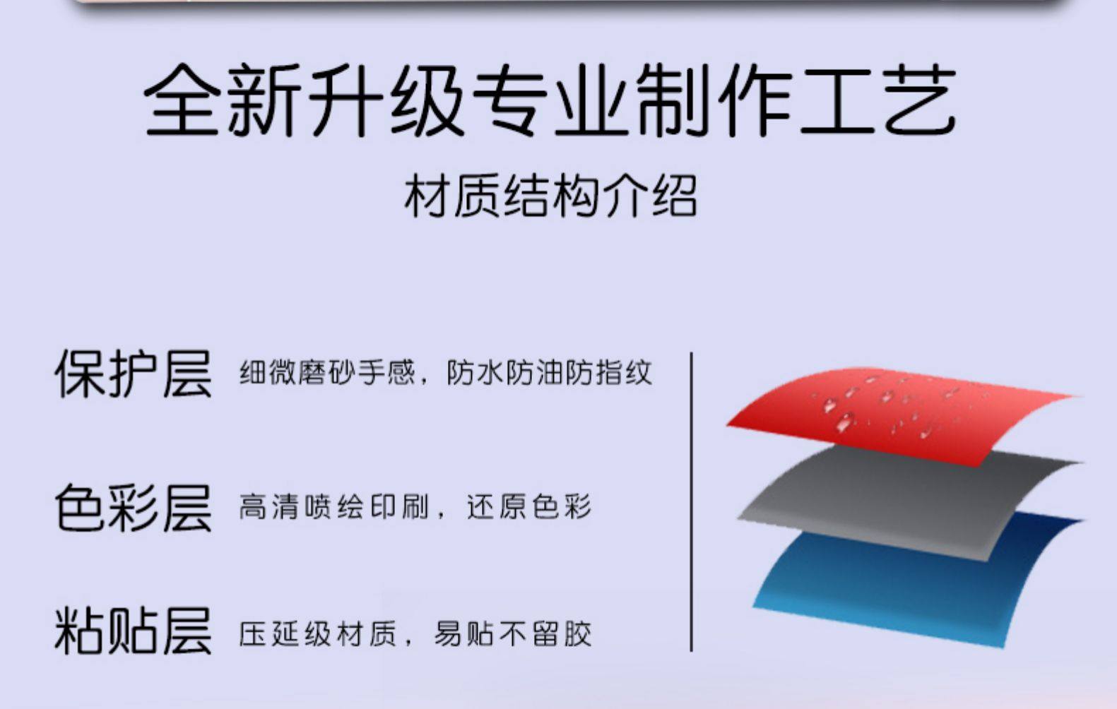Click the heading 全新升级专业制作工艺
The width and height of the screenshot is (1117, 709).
pos(550,100)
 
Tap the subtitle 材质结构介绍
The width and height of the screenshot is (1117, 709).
pos(550,196)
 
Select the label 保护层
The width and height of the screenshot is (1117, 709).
pos(133,374)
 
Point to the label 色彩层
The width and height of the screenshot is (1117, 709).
pos(133,507)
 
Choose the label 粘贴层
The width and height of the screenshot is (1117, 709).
pos(133,630)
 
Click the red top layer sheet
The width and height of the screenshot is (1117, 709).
pos(897,414)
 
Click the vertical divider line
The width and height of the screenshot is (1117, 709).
pos(691,501)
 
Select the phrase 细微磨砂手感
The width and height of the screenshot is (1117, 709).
pos(326,373)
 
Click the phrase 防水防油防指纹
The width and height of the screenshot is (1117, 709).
pos(549,373)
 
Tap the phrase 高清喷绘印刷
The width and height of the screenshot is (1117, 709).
pos(333,507)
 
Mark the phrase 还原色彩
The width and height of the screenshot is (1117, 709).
pos(529,507)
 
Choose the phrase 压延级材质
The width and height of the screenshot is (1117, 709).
pos(318,633)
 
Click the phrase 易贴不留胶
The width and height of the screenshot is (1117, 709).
pos(513,633)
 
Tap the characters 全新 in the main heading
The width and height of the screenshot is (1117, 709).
pos(223,100)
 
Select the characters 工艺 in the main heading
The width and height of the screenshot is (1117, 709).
pos(879,100)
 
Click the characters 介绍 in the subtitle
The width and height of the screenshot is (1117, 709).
pos(650,196)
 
